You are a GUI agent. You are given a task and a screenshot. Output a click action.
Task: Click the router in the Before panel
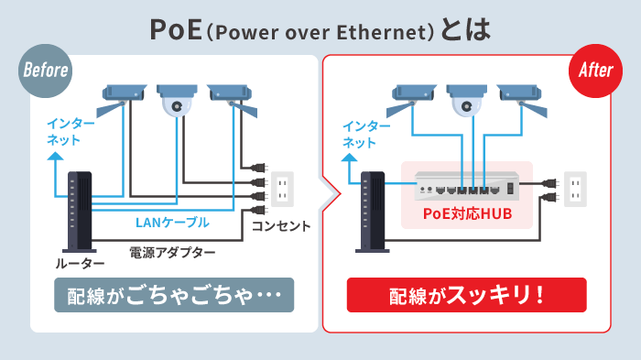81,210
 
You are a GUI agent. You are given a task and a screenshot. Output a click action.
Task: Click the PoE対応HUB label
467,215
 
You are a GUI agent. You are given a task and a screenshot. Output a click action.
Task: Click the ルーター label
81,264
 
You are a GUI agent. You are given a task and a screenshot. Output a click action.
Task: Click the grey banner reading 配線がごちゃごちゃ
174,296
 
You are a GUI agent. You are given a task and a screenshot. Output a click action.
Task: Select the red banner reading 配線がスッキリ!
467,296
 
